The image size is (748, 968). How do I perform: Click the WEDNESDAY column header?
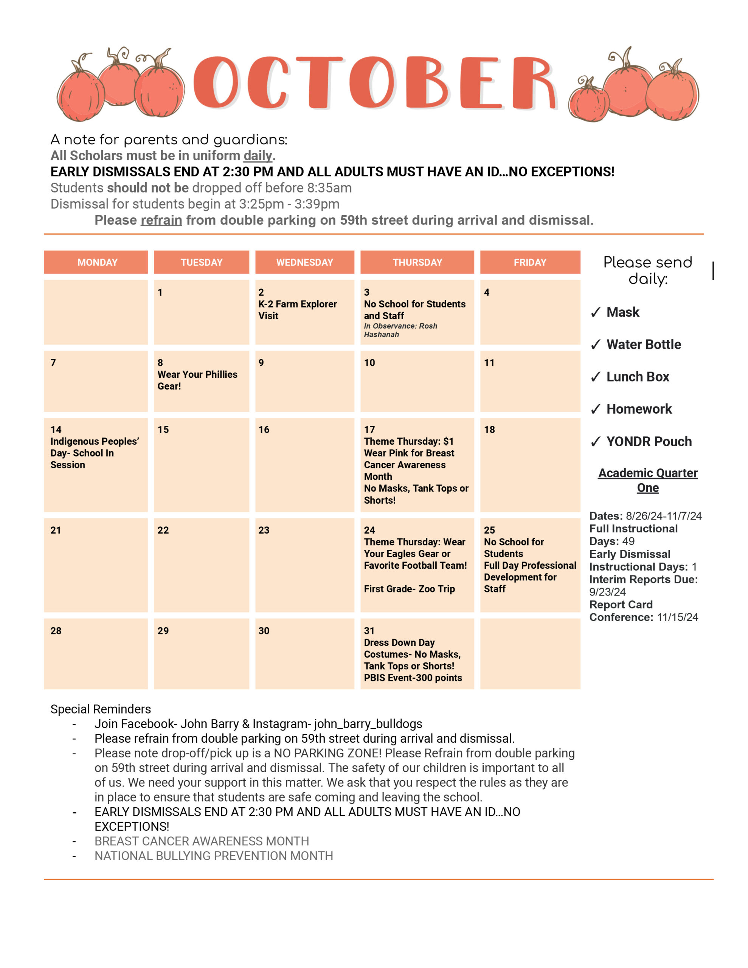pyautogui.click(x=305, y=262)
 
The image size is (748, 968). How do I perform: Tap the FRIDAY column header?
pyautogui.click(x=530, y=262)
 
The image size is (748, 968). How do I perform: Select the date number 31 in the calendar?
pyautogui.click(x=369, y=631)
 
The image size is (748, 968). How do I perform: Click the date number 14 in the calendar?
pyautogui.click(x=56, y=430)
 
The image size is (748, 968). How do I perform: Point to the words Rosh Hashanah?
pyautogui.click(x=400, y=330)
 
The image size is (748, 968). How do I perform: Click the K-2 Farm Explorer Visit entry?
pyautogui.click(x=298, y=310)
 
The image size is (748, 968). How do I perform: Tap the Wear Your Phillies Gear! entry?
pyautogui.click(x=197, y=380)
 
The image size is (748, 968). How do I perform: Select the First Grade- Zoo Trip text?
pyautogui.click(x=409, y=589)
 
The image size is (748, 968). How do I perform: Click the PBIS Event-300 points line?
pyautogui.click(x=413, y=678)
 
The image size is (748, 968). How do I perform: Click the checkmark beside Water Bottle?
pyautogui.click(x=596, y=344)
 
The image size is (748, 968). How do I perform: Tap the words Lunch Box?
pyautogui.click(x=638, y=377)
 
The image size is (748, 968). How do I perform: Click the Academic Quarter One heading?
pyautogui.click(x=648, y=480)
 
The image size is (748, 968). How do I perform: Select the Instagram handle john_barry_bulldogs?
pyautogui.click(x=368, y=724)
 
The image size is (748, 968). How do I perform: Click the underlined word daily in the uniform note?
pyautogui.click(x=258, y=155)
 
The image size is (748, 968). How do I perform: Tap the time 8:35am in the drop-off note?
pyautogui.click(x=329, y=188)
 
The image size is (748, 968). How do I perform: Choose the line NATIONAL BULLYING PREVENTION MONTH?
pyautogui.click(x=214, y=856)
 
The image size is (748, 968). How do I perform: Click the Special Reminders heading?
pyautogui.click(x=101, y=709)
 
